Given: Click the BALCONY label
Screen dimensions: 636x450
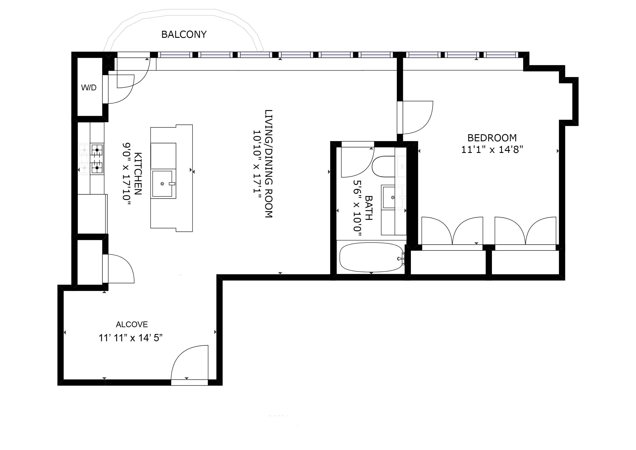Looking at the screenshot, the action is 184,34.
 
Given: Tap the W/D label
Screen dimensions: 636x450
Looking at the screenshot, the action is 89,88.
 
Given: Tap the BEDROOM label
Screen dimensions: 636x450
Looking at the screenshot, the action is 492,138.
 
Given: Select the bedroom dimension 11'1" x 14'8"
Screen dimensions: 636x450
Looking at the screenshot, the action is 492,150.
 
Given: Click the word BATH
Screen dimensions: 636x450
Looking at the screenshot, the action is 369,208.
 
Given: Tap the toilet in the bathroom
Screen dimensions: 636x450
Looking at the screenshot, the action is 384,167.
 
